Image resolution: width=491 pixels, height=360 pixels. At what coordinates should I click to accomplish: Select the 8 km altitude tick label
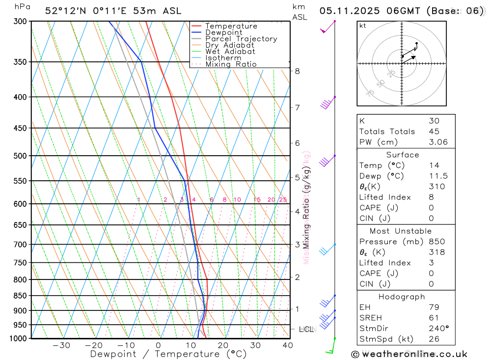(297, 71)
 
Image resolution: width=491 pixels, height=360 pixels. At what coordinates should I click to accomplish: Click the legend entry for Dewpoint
(223, 32)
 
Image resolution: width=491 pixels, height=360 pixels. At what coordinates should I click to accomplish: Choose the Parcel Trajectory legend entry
(241, 39)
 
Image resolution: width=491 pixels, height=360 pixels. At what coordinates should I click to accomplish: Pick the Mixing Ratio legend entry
(231, 64)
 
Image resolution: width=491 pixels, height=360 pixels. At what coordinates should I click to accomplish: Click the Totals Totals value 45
(434, 131)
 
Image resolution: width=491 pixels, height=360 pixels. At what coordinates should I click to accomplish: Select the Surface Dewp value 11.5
(436, 176)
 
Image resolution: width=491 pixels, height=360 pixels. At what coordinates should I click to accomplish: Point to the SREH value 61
(434, 318)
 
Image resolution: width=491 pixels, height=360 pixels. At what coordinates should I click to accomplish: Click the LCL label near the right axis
(306, 329)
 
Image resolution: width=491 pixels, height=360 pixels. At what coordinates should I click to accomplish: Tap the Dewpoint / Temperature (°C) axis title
(168, 354)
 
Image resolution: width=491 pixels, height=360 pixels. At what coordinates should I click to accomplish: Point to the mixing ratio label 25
(283, 199)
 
